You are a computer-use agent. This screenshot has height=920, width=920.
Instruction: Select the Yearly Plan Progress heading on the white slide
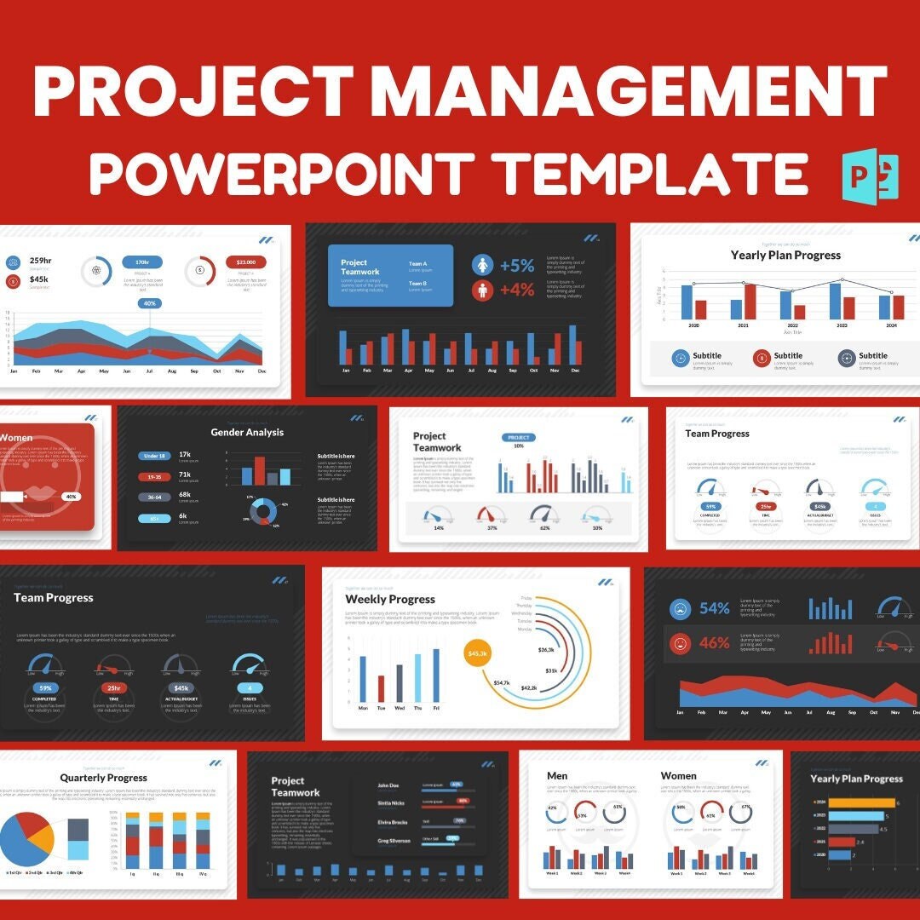785,255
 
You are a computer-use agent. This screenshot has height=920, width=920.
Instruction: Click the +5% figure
516,266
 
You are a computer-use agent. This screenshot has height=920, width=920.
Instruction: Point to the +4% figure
516,290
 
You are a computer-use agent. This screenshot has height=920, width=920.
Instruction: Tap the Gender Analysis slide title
247,433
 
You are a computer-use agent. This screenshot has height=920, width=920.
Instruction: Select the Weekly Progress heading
390,600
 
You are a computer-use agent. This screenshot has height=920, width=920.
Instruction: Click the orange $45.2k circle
478,653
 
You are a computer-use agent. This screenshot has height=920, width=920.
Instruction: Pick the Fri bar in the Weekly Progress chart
436,676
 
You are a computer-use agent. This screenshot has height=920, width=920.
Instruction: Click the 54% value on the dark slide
714,608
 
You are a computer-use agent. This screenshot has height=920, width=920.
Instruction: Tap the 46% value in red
714,643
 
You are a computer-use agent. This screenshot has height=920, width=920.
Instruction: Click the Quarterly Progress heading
103,778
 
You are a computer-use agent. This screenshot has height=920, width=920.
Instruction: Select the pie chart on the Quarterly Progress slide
26,839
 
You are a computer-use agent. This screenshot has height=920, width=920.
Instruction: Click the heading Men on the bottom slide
557,776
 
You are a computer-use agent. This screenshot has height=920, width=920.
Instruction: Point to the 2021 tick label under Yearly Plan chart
743,325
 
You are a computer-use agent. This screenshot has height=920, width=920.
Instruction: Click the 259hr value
41,261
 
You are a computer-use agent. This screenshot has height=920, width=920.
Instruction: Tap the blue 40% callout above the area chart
150,303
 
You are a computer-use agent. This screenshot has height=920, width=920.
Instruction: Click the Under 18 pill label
154,456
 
